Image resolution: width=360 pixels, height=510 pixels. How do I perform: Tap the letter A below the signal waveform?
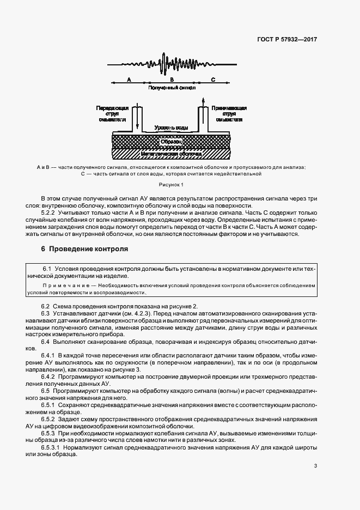click(x=129, y=80)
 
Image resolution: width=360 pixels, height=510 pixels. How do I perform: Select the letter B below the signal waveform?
click(x=171, y=80)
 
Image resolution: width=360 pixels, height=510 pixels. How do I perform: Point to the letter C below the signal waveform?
click(x=213, y=80)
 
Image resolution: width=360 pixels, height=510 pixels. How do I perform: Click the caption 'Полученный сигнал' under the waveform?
click(x=172, y=87)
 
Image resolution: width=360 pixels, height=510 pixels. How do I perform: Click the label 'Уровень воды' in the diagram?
click(x=172, y=127)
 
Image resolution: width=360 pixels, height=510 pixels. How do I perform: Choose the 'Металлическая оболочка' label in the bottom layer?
click(x=172, y=154)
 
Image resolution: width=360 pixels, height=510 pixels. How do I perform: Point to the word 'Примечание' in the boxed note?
click(x=62, y=285)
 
